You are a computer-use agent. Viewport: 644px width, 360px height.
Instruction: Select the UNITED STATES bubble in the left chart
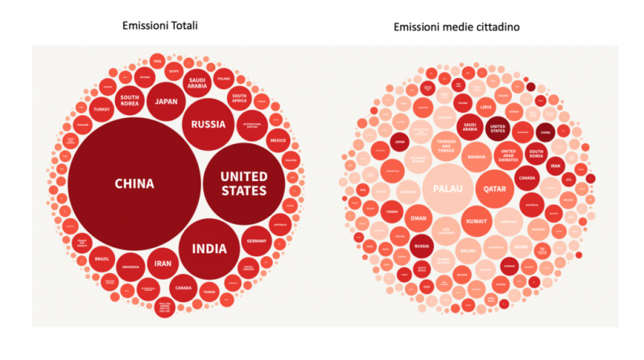pyautogui.click(x=243, y=184)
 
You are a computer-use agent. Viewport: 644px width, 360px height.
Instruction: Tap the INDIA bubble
pyautogui.click(x=208, y=248)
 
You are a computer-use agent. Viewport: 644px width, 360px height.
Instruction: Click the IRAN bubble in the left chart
pyautogui.click(x=163, y=263)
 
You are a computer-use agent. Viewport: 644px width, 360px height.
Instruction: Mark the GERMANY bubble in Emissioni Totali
pyautogui.click(x=256, y=241)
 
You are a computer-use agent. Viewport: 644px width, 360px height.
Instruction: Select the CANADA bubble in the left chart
pyautogui.click(x=184, y=288)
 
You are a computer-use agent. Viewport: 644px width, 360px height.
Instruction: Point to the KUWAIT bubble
pyautogui.click(x=474, y=221)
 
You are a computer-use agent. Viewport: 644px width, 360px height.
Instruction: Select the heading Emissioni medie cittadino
pyautogui.click(x=456, y=27)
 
